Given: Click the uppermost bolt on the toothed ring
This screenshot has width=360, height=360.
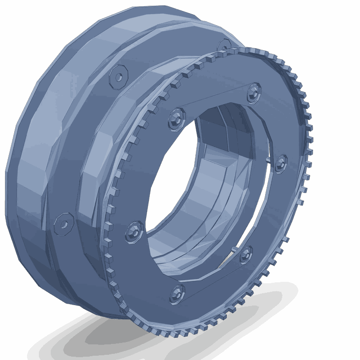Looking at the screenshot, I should [x=254, y=92].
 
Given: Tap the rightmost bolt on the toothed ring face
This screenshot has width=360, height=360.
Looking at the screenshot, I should [x=281, y=163].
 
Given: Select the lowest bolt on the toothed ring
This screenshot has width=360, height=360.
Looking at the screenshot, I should [x=177, y=294].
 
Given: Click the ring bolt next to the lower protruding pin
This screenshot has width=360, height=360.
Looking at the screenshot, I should [x=246, y=254].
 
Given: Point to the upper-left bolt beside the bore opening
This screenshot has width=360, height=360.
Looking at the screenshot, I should [x=177, y=118].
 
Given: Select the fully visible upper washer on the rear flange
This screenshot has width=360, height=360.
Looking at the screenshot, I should [x=119, y=76].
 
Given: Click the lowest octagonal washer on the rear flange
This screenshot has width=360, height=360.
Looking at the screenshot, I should [x=64, y=224].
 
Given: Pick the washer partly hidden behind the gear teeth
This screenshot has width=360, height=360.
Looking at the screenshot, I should [x=224, y=46].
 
